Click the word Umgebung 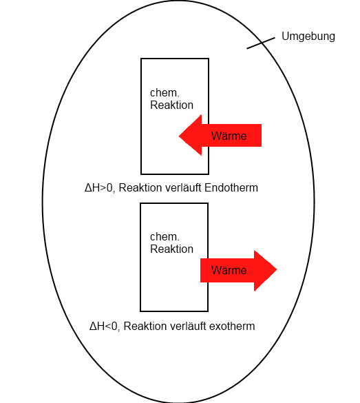coord(308,37)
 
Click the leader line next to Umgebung coord(261,43)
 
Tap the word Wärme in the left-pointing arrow coord(229,136)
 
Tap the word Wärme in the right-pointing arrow coord(229,270)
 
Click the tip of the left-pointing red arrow coord(179,136)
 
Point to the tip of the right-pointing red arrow coord(277,269)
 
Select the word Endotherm coord(231,187)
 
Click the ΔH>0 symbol coord(98,188)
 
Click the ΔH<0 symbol coord(103,327)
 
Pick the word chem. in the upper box coord(165,93)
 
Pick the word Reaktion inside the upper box coord(171,105)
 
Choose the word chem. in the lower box coord(165,237)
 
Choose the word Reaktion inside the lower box coord(171,249)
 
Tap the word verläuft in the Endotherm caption coord(183,187)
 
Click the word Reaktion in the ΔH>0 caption coord(140,187)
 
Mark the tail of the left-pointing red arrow coord(261,136)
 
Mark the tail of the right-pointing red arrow coord(201,270)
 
